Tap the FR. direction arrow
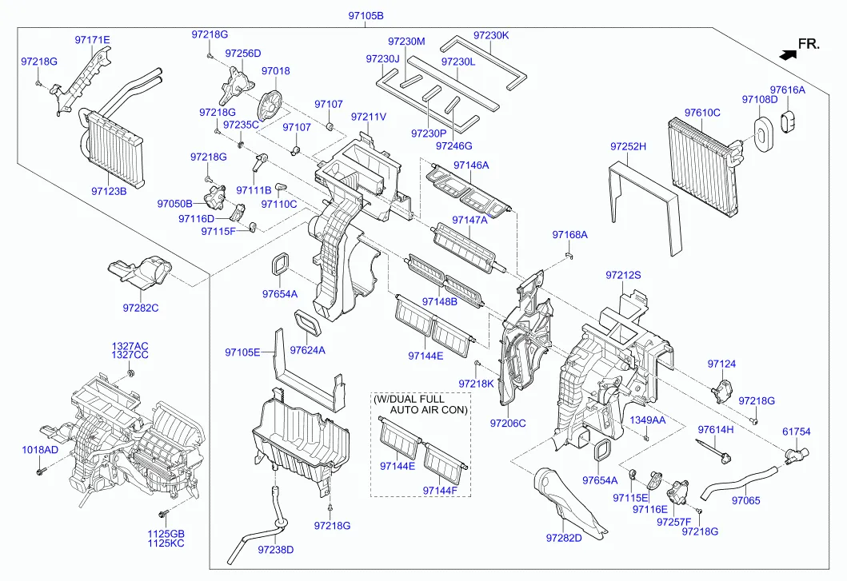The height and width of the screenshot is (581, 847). coord(788,54)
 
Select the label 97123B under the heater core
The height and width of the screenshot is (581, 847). coord(109,191)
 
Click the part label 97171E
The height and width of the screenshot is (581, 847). coord(93,39)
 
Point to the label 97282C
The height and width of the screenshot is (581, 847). coord(141,308)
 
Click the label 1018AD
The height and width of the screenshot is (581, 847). coord(40,450)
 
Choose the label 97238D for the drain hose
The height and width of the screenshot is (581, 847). coord(276,549)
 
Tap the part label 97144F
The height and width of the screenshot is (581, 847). coord(441,490)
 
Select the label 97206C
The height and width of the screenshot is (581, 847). coord(508,423)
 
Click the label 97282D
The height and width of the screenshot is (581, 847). coord(586,539)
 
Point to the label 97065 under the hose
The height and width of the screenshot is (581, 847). coord(745,501)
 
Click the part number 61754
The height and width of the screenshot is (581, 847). coord(796,432)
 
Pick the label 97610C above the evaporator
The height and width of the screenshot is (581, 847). coord(702,113)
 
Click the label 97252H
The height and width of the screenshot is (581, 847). coord(628,146)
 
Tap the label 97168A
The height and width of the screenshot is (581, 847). coord(569,234)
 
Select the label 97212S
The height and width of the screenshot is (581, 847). coord(623,275)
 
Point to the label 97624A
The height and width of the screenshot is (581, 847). coord(308,349)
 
